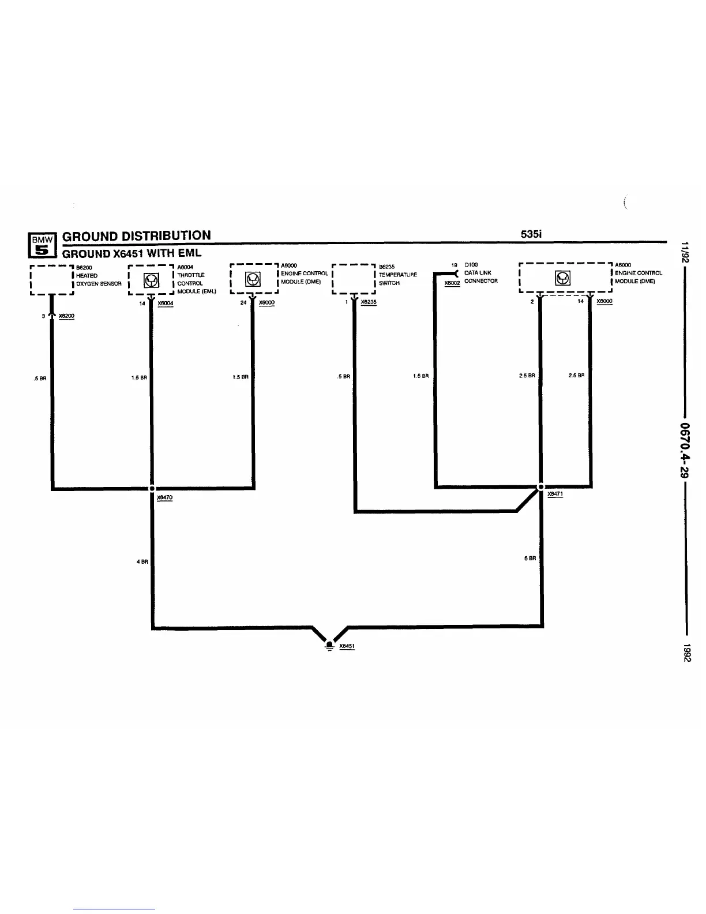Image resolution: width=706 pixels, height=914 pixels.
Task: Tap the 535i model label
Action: click(531, 234)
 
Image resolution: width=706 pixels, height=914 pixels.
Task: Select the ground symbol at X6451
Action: click(329, 644)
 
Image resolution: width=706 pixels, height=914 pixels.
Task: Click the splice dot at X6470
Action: click(152, 488)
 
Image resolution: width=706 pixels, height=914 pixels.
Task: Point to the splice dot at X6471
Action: click(540, 486)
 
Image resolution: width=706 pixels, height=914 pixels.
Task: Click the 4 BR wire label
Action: click(142, 561)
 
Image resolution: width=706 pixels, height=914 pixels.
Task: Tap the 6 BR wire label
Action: click(529, 558)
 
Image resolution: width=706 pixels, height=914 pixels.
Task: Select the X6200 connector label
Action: click(66, 316)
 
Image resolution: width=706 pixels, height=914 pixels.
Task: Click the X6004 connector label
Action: click(165, 303)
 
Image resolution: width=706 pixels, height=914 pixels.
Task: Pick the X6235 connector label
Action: click(368, 302)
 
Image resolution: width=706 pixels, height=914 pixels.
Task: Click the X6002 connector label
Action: click(452, 283)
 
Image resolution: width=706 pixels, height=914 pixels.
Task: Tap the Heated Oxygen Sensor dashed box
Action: click(51, 280)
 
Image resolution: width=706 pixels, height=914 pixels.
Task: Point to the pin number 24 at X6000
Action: click(243, 302)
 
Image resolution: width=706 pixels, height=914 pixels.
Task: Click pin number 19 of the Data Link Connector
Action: click(454, 265)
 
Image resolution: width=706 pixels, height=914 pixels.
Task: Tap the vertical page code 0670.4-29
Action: click(685, 450)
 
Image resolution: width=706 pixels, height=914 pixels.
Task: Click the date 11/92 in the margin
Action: click(685, 252)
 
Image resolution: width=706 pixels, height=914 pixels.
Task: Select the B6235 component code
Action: click(386, 267)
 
